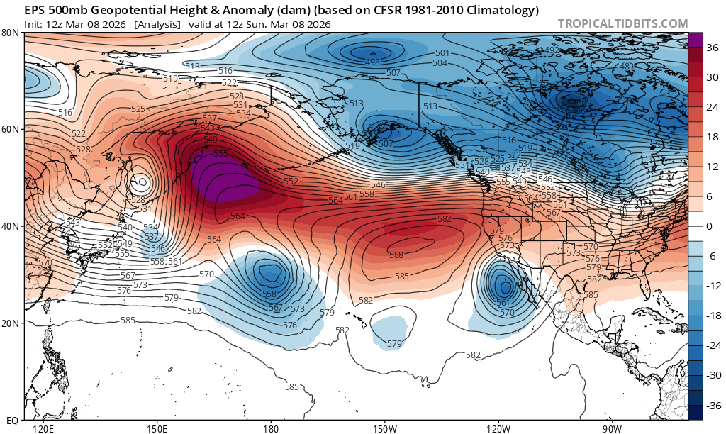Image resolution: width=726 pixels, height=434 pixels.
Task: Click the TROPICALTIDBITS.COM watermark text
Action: [x=622, y=23]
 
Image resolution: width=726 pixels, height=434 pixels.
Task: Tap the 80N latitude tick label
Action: [x=11, y=33]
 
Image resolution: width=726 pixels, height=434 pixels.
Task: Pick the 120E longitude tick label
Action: [x=43, y=429]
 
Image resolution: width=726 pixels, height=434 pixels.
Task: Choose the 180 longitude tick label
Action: [x=270, y=429]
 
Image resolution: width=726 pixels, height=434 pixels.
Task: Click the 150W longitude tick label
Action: [x=384, y=429]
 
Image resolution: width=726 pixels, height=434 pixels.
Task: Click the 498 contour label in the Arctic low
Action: [x=372, y=62]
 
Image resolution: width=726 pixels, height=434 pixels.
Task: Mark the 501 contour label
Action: [x=442, y=53]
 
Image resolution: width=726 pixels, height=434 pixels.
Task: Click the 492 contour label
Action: [x=551, y=50]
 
